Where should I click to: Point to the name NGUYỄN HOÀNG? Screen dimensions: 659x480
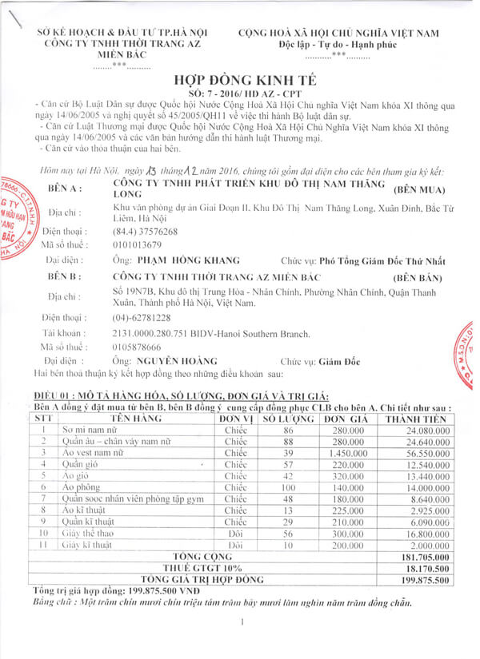tap(166, 361)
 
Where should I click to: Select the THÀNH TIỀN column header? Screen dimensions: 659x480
tap(414, 418)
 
